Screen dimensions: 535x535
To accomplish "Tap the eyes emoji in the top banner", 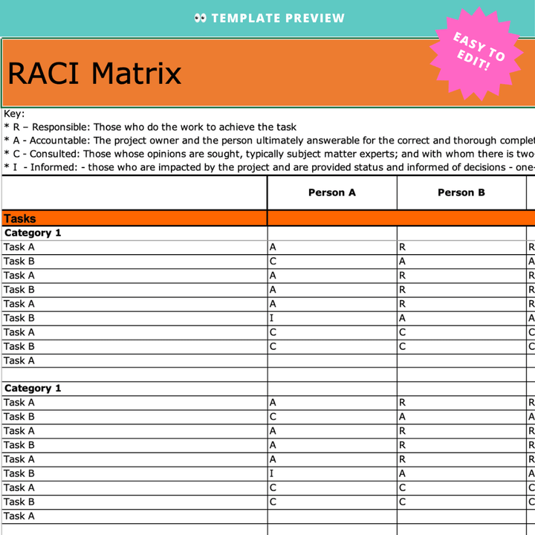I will coord(200,18).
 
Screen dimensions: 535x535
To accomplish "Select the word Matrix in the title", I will coord(136,74).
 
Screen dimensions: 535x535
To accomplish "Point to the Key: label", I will coord(14,114).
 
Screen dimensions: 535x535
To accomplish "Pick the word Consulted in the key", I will coord(55,154).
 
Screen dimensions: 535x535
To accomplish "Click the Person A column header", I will coord(332,192).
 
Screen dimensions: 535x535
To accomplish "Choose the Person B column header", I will coord(461,192).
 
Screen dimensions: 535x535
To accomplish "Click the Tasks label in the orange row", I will coord(20,218).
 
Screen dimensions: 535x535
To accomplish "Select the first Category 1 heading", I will coord(33,233).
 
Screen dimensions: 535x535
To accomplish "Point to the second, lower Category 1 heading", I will coord(33,388).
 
